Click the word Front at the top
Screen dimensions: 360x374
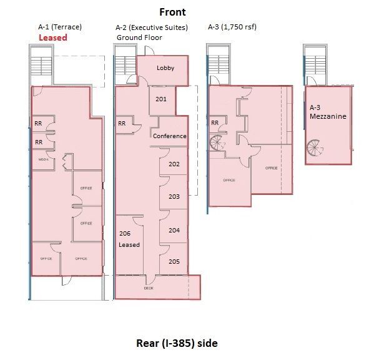[x=172, y=12]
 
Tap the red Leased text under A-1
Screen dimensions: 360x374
[x=52, y=37]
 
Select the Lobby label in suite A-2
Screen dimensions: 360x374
[x=165, y=67]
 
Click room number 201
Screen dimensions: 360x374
[x=161, y=99]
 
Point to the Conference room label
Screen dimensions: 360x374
[x=169, y=136]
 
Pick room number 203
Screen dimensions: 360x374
[x=174, y=196]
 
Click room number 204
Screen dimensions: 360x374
[x=174, y=230]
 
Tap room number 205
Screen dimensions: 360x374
[x=174, y=261]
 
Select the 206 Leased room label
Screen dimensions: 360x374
[x=129, y=238]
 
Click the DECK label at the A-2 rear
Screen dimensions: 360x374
[x=148, y=288]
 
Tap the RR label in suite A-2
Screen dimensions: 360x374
[x=122, y=124]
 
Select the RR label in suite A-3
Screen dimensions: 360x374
[x=214, y=122]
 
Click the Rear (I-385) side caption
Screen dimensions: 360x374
[x=177, y=343]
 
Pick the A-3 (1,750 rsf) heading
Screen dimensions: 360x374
[x=232, y=27]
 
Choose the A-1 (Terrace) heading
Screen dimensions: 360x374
[x=59, y=27]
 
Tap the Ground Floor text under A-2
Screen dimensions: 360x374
[x=139, y=37]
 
